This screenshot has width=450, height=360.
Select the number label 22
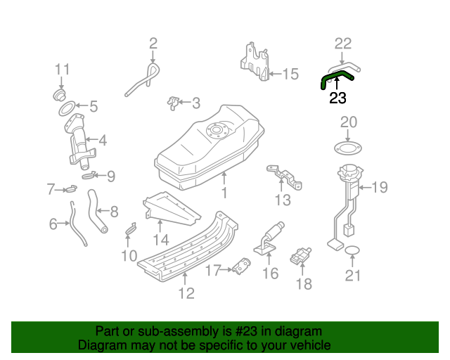[x=342, y=44]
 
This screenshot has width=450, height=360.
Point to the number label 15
[x=290, y=73]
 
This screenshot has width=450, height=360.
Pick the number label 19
[x=380, y=187]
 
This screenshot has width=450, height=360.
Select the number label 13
[x=281, y=201]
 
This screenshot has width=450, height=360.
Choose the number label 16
[x=271, y=273]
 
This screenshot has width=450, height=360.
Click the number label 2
[x=153, y=44]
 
